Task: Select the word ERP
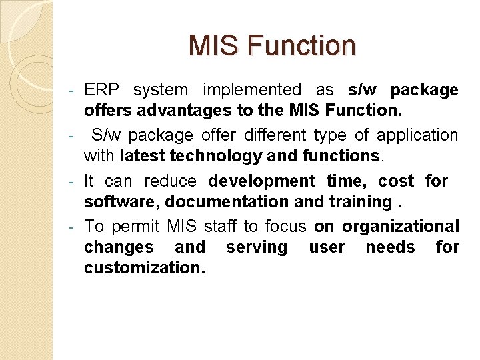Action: (100, 90)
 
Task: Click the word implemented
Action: (252, 90)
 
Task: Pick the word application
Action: (417, 135)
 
